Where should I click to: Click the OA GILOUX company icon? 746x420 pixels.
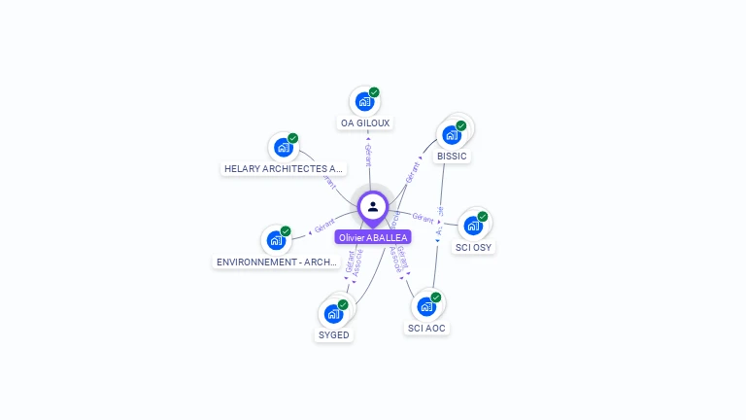click(x=364, y=101)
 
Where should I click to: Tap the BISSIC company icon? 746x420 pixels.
click(x=451, y=134)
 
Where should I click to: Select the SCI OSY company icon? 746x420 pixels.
click(x=473, y=226)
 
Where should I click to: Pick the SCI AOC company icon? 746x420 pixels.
click(x=426, y=306)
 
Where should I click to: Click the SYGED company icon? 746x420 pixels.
click(x=333, y=313)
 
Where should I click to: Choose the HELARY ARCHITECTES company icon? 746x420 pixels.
click(x=283, y=148)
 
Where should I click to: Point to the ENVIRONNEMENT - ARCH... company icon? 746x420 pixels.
click(x=276, y=240)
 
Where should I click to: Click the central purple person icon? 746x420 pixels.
click(x=373, y=206)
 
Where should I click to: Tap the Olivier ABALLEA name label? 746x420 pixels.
click(x=373, y=237)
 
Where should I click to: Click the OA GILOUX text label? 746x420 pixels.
click(x=365, y=123)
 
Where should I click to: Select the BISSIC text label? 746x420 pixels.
click(x=452, y=157)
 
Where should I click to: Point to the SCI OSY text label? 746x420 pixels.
click(x=474, y=248)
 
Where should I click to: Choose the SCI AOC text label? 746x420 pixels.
click(x=427, y=329)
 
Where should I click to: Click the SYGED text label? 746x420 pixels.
click(x=333, y=335)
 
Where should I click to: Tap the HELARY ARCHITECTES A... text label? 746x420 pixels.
click(x=283, y=169)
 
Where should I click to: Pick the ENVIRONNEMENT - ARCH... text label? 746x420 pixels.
click(x=277, y=262)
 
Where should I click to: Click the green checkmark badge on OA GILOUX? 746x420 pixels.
click(x=374, y=92)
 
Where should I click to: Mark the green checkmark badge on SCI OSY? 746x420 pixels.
click(x=483, y=217)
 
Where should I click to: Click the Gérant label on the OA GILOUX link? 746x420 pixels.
click(x=368, y=155)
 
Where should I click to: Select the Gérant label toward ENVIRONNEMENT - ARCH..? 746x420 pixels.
click(x=324, y=226)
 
